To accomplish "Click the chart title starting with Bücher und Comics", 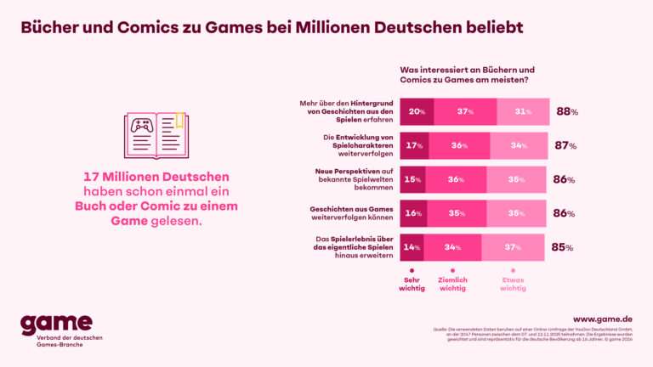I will coord(272,28).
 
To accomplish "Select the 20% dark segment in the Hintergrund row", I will coord(417,111).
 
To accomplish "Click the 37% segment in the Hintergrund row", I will coord(465,111).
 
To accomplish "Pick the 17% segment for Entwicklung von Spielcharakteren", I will coord(414,145).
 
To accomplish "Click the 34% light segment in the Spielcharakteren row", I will coord(518,145).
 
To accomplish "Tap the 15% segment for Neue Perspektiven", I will coord(412,179).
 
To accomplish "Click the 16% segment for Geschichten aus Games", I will coord(413,213).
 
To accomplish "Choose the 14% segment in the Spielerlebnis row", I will coord(412,247).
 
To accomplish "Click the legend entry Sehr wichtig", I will coord(412,282).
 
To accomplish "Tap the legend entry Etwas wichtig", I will coord(513,282).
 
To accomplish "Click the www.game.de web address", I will coord(602,319).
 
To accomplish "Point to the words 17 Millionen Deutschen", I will coord(156,177).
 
